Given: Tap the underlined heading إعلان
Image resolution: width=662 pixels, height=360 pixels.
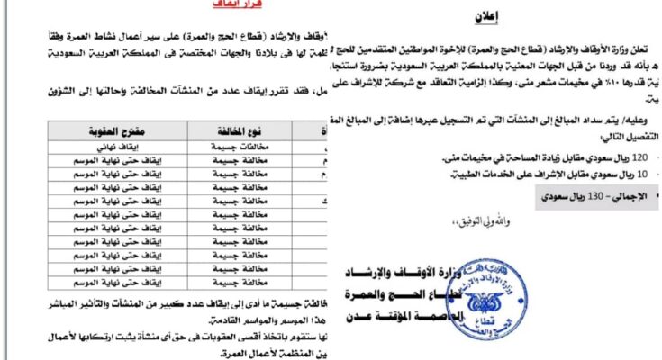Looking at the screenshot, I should pyautogui.click(x=484, y=16).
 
